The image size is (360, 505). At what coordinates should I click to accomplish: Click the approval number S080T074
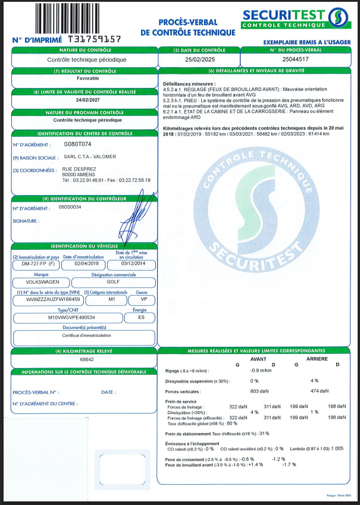(x=77, y=145)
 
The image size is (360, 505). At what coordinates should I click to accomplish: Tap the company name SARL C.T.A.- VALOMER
(x=90, y=157)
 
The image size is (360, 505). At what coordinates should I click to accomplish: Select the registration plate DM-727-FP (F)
(x=37, y=264)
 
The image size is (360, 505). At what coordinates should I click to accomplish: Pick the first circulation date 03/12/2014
(x=133, y=264)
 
